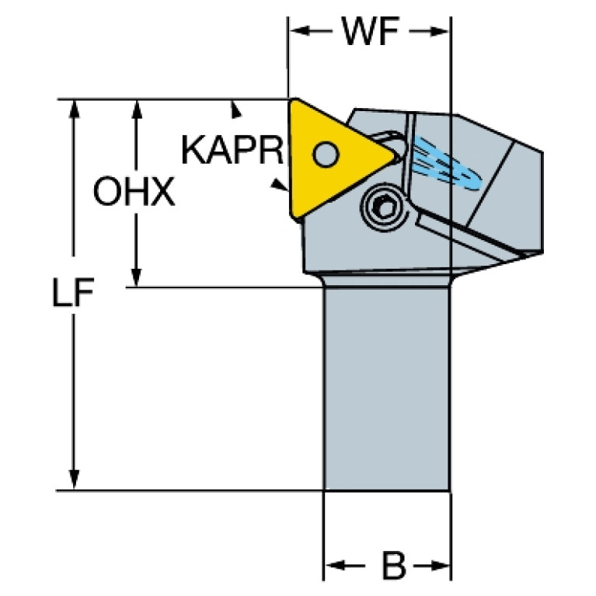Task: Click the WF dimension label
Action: click(x=371, y=31)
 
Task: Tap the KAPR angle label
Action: click(x=232, y=150)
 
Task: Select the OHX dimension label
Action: click(x=134, y=191)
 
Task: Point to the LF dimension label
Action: click(x=72, y=292)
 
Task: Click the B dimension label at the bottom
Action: click(x=394, y=566)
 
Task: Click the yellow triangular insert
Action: click(x=334, y=158)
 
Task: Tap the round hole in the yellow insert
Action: click(x=326, y=154)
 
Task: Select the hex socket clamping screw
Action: click(x=384, y=207)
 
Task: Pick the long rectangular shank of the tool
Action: click(x=387, y=389)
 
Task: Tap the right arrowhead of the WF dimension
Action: click(x=439, y=31)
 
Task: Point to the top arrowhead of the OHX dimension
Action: click(x=137, y=110)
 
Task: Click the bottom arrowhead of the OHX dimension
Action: click(x=137, y=277)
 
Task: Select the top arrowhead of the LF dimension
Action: click(x=75, y=110)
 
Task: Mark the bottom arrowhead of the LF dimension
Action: click(x=75, y=479)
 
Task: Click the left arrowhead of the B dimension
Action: click(x=335, y=566)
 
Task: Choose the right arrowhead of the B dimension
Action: click(x=440, y=566)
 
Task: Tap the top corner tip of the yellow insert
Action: click(x=294, y=99)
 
